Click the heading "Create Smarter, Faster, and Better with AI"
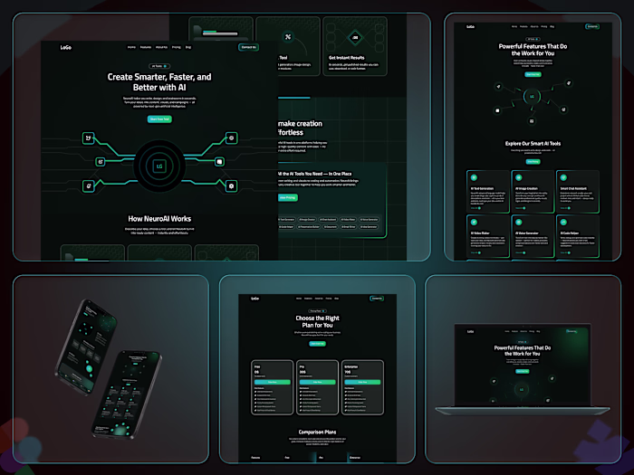(x=159, y=82)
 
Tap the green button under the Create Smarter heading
(x=159, y=119)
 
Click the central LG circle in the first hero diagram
(x=159, y=166)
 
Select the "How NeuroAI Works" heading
(x=158, y=218)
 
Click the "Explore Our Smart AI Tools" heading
(x=533, y=143)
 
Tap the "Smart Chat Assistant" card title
(x=576, y=188)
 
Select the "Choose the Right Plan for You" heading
(x=317, y=321)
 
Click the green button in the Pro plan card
(x=317, y=383)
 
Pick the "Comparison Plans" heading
(x=317, y=432)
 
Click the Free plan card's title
(x=256, y=366)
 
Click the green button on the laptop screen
(x=523, y=370)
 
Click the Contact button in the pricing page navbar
(x=376, y=298)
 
